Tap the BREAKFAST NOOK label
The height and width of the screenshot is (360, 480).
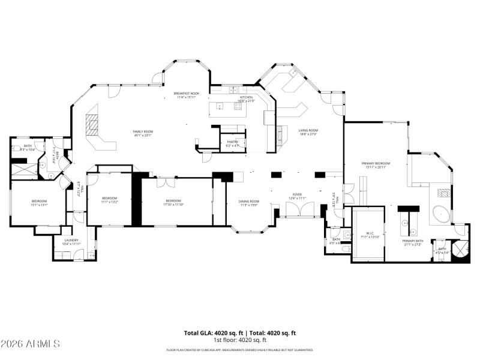click(186, 94)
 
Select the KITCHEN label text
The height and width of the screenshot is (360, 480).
click(247, 97)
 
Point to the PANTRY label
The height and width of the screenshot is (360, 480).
click(232, 142)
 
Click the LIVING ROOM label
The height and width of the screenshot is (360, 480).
click(308, 130)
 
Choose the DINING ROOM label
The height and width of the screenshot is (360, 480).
click(249, 201)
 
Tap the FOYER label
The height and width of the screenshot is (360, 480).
click(296, 194)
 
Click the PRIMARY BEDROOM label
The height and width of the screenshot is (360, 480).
click(376, 163)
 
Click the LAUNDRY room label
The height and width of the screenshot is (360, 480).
click(72, 240)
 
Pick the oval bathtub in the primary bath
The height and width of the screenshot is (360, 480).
click(443, 214)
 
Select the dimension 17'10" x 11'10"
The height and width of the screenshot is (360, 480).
click(173, 204)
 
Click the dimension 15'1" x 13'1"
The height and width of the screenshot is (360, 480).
click(39, 205)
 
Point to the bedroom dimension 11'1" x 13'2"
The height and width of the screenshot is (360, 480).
click(109, 202)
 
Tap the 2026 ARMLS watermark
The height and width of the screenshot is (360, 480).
click(30, 344)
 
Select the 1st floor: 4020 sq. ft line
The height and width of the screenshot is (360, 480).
click(239, 340)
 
